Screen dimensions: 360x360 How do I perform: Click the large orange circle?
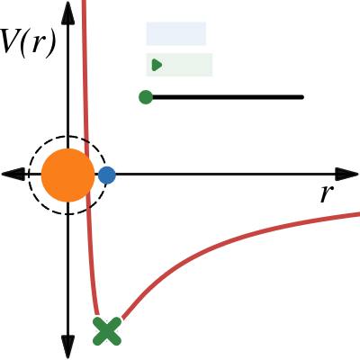coord(67,175)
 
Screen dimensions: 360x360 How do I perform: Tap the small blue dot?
coord(107,175)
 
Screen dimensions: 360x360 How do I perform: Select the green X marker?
coord(107,331)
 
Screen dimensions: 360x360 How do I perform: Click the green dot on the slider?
coord(146,97)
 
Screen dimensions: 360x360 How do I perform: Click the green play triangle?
coord(157,65)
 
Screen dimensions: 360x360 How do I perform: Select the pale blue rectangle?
coord(176,33)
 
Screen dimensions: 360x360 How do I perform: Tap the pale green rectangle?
coord(179,65)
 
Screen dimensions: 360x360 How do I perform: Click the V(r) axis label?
coord(28,42)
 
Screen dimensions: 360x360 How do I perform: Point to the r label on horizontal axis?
coord(327,193)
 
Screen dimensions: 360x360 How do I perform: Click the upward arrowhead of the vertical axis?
coord(67,13)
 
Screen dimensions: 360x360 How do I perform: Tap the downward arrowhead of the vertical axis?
coord(67,346)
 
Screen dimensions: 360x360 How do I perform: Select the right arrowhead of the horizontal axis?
coord(347,174)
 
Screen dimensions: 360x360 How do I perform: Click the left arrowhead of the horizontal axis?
coord(13,174)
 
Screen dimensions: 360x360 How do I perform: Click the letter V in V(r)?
coord(9,40)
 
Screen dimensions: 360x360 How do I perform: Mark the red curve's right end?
coord(359,214)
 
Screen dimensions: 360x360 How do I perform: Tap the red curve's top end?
coord(84,1)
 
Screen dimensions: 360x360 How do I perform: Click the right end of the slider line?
coord(302,97)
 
